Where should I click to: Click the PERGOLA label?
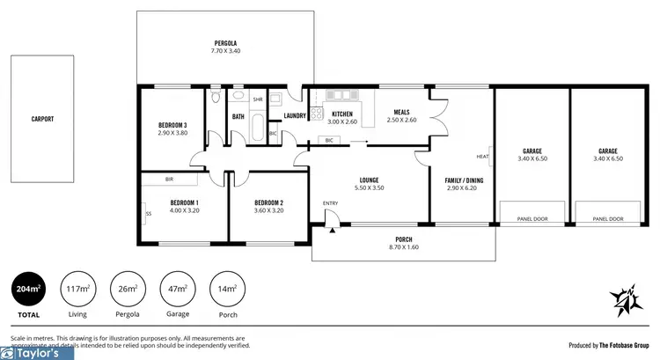225,43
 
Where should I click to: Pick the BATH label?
238,116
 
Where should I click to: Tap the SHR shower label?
258,99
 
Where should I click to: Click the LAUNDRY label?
294,116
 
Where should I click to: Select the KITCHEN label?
342,113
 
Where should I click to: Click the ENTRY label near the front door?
330,204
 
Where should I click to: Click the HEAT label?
482,158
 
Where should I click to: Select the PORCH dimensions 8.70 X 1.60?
404,248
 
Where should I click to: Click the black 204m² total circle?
28,289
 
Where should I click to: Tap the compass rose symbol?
624,302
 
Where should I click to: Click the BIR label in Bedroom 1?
169,180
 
